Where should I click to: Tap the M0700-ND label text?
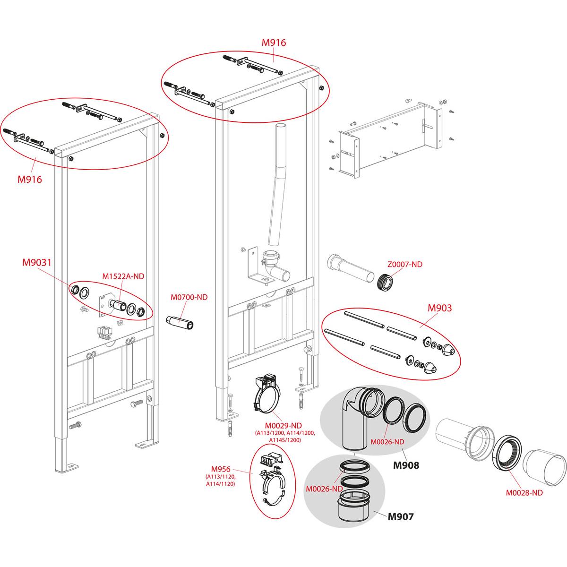pos(189,297)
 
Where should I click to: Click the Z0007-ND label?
pos(405,265)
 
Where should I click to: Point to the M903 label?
pos(439,308)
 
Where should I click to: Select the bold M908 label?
pos(406,465)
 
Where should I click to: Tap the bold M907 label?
pos(400,517)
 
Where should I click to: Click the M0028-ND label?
pos(524,493)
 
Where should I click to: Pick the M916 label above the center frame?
pos(274,43)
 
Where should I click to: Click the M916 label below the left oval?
pos(29,180)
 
